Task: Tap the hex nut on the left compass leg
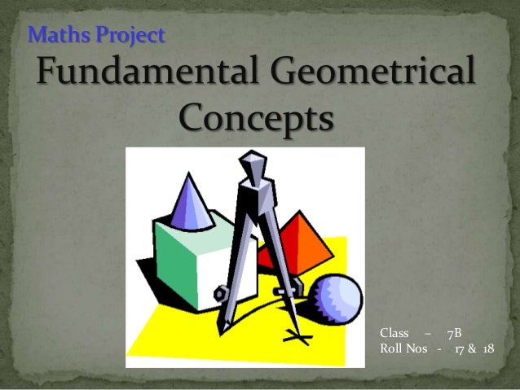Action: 218,294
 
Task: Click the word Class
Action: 394,333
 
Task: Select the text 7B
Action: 454,333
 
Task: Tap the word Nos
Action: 419,349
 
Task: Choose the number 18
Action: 487,349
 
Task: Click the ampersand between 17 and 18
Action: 474,349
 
